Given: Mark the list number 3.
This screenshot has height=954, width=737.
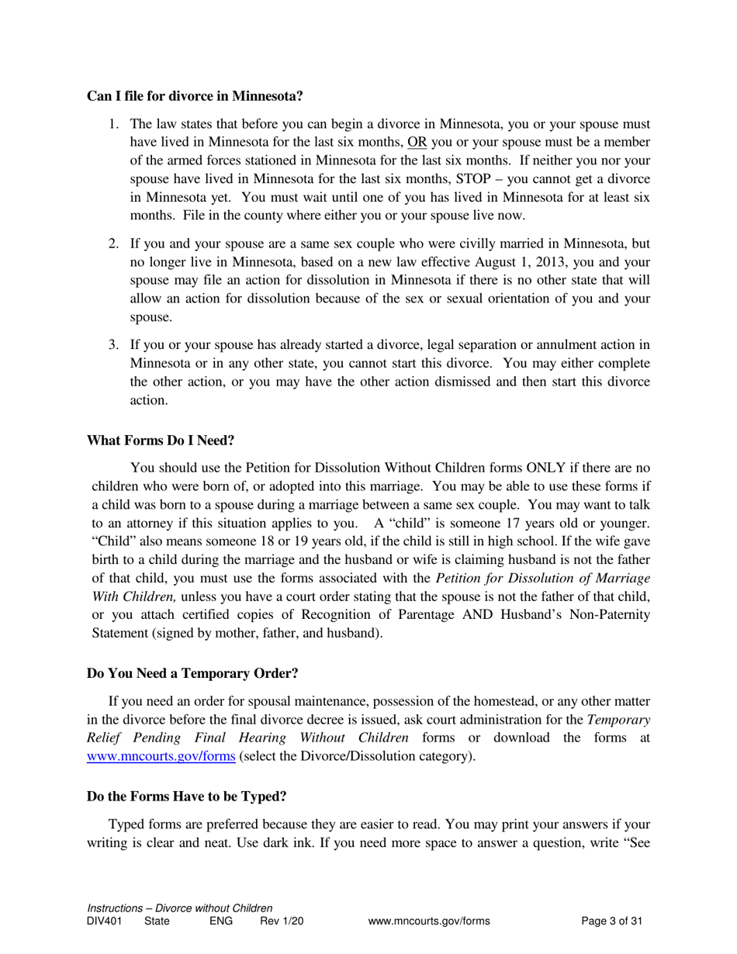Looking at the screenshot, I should click(113, 344).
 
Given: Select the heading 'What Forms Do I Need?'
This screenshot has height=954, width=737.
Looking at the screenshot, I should click(161, 440).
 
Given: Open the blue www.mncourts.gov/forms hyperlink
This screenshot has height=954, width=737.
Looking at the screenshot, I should click(161, 756).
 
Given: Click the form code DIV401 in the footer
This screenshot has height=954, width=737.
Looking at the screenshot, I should click(105, 921).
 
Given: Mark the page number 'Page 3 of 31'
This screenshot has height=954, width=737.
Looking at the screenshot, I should click(612, 921).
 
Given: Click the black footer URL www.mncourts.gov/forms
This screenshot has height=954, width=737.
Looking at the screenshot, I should click(429, 921).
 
